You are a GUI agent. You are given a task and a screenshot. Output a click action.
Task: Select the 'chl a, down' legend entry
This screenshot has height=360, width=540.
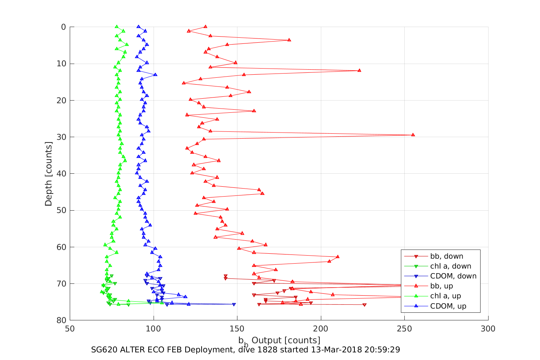coord(450,266)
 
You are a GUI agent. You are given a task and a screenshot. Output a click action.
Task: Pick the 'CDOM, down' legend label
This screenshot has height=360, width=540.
coord(453,276)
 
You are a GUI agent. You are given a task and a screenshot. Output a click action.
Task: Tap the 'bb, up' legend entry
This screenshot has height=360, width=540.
coord(441,286)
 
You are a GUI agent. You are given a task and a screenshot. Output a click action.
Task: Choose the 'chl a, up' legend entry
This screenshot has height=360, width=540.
coord(445,296)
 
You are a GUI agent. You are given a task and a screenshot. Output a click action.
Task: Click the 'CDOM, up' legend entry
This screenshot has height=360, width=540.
coord(448,306)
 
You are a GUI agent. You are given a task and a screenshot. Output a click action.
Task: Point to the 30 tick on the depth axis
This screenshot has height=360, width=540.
coord(61,137)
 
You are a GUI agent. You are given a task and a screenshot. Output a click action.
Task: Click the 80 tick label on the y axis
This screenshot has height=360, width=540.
coord(61,320)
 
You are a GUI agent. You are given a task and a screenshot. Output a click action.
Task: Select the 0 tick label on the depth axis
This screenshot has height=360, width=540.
coord(63,27)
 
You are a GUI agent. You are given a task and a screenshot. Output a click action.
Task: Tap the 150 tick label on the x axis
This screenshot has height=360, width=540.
coord(237,329)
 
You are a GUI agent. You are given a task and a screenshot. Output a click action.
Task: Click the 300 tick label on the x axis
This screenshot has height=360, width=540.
coord(488,329)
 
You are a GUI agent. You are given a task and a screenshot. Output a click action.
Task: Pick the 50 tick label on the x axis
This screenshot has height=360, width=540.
coord(70,329)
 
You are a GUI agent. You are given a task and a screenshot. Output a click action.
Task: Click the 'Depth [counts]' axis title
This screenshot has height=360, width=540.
coord(48,174)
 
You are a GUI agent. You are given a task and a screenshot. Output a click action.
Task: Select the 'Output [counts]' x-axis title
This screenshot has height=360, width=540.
coord(286,340)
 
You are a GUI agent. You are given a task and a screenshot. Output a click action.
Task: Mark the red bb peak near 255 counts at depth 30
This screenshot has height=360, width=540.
coord(413,135)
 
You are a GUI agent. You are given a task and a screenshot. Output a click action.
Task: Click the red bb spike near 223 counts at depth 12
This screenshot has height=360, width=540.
coord(359,70)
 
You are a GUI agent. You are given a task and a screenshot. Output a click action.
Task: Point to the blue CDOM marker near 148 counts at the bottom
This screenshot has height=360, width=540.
coord(234,304)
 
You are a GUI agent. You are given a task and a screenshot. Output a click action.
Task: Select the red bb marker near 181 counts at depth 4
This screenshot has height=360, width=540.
coord(289,40)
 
